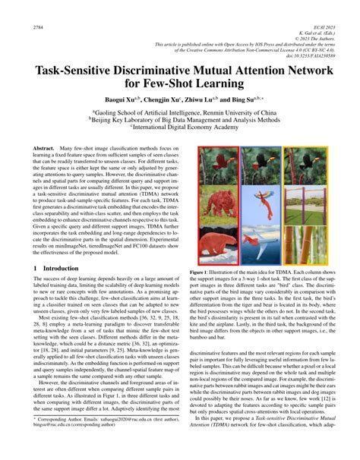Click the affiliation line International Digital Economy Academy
[182, 128]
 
